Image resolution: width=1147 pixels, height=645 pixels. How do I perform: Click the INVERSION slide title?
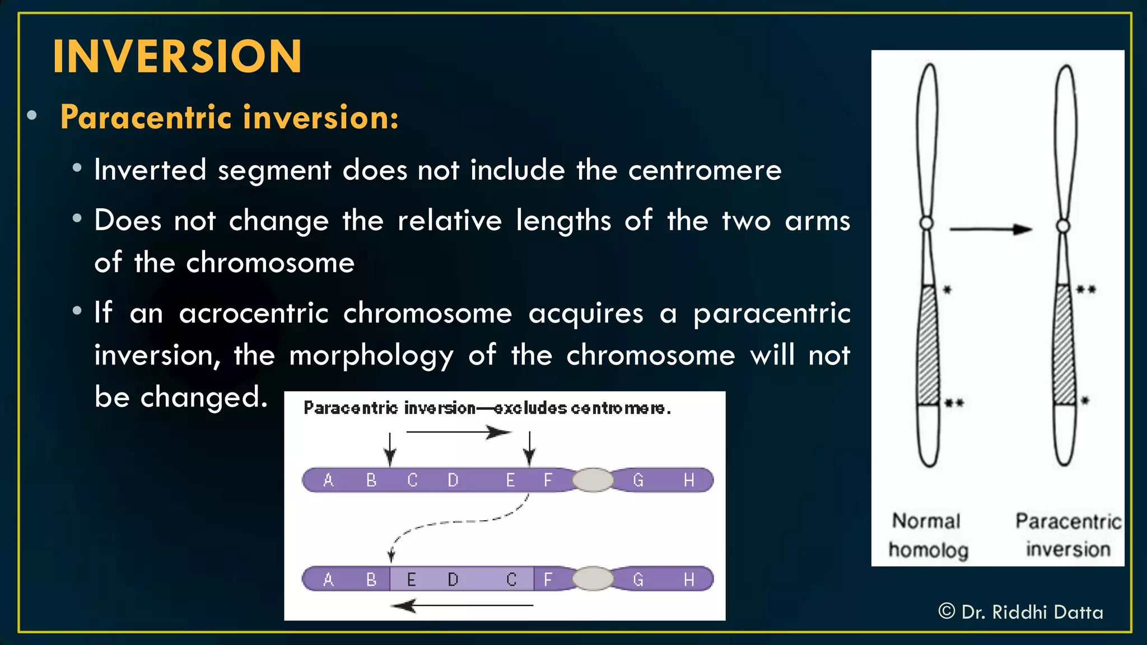177,57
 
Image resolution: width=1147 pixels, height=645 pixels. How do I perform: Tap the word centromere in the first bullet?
705,170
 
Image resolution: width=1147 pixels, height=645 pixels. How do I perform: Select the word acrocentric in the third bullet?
253,313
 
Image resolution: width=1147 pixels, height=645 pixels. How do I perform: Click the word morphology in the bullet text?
371,356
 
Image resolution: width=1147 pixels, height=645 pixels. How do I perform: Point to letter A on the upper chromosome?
329,480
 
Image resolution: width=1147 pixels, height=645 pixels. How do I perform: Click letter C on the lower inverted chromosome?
511,579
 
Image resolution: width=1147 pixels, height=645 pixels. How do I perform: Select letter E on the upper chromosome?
510,480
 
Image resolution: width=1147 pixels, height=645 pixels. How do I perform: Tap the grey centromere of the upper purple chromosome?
593,480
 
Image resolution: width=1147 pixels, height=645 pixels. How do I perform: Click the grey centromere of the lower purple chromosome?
593,579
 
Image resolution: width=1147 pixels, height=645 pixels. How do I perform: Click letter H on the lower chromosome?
689,579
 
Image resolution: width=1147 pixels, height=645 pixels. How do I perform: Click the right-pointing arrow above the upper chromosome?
458,432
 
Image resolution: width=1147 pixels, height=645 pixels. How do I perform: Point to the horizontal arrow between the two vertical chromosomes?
990,229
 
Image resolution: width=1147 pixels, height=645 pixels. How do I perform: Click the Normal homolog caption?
927,535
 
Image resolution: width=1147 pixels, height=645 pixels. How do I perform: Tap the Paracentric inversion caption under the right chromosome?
1068,535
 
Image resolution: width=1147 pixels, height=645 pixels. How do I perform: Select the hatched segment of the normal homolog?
929,344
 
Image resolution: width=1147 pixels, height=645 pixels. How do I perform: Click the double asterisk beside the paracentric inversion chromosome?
1086,290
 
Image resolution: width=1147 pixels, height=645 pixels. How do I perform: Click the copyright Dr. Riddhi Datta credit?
1020,612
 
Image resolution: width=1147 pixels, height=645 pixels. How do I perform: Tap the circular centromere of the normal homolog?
927,224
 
